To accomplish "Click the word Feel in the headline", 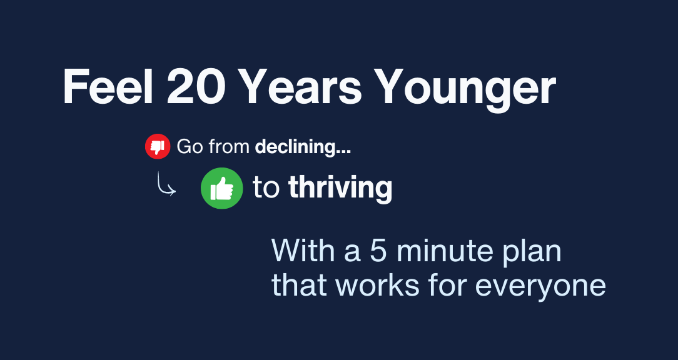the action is click(108, 87).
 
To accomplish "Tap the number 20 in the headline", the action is click(196, 87).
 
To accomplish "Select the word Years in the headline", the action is click(300, 87).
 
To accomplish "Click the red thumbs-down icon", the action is click(158, 146).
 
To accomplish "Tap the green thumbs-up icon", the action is click(222, 188).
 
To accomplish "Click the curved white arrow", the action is click(166, 184).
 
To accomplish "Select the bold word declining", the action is click(303, 147).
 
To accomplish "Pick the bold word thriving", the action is click(340, 189).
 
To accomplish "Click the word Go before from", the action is click(190, 147).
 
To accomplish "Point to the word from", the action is click(229, 147).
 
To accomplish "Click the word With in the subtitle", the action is click(303, 251).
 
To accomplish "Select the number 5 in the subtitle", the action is click(378, 251).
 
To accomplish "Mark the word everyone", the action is click(540, 288).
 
